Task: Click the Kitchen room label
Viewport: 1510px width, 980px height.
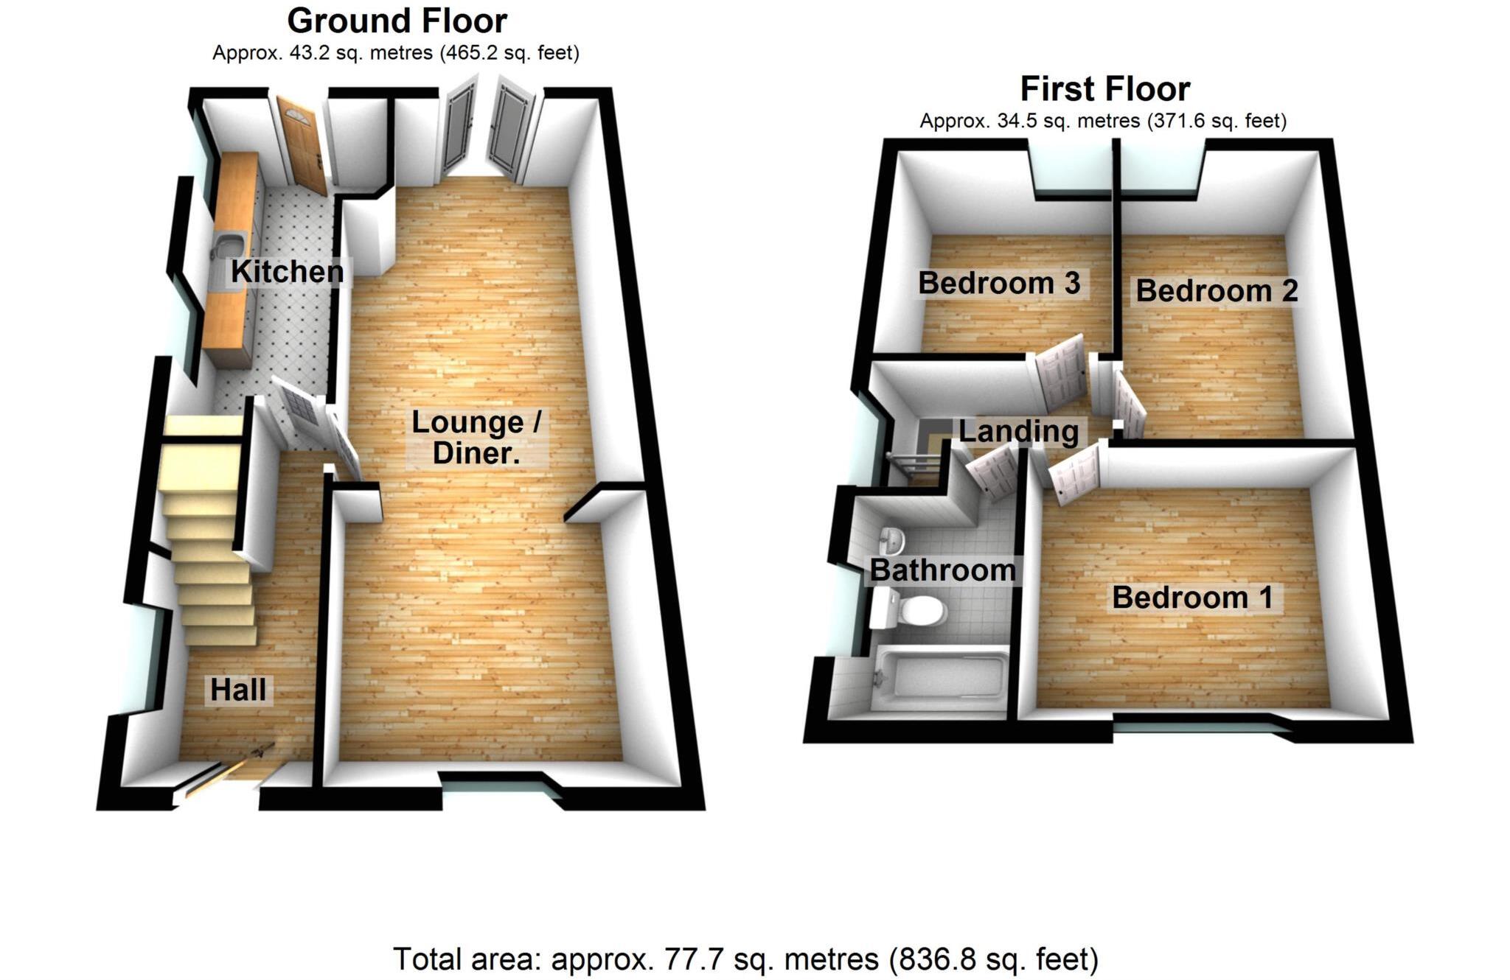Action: (287, 271)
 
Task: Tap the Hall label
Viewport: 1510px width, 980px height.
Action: (237, 690)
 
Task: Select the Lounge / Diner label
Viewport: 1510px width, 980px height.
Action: (476, 437)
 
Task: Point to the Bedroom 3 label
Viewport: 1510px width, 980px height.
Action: (999, 283)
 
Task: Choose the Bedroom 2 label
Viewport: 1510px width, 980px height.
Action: (1217, 290)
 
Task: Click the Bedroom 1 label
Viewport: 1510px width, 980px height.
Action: (1192, 597)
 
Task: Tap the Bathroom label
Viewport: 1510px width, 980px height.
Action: (942, 570)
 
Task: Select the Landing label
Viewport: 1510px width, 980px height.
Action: (1018, 431)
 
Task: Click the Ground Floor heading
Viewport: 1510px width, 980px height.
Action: (397, 21)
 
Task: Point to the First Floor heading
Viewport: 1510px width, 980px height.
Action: (1104, 89)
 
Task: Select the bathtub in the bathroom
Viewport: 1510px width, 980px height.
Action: (939, 676)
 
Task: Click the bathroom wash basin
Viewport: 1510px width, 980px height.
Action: (892, 540)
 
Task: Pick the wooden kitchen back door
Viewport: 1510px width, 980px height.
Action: (302, 144)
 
